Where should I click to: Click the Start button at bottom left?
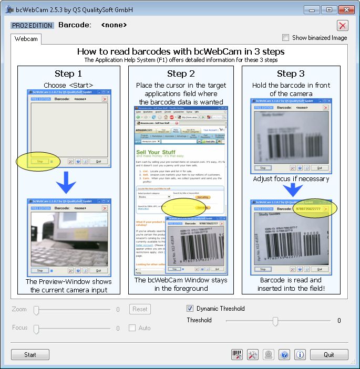(x=30, y=355)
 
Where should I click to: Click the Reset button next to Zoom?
(x=140, y=309)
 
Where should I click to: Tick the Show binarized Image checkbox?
(x=286, y=38)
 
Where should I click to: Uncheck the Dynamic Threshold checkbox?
(x=190, y=309)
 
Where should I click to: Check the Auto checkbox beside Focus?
(x=132, y=328)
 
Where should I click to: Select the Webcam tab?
(x=26, y=39)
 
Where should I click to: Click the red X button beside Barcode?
(x=343, y=25)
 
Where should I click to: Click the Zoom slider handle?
(x=36, y=310)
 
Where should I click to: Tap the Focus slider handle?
(x=36, y=329)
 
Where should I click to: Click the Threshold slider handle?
(x=275, y=321)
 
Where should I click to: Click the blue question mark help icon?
(x=284, y=355)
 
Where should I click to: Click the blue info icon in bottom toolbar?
(x=300, y=355)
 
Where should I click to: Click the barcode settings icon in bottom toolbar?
(x=237, y=355)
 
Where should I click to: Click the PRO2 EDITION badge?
(x=32, y=25)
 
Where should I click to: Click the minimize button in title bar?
(x=313, y=9)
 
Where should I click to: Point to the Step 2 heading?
(x=181, y=73)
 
